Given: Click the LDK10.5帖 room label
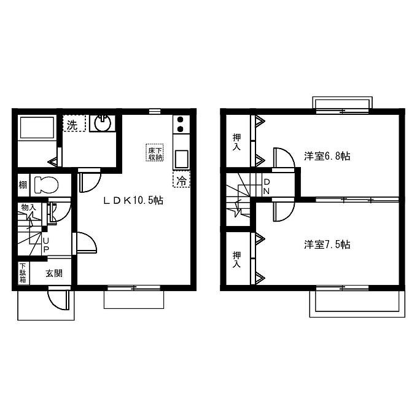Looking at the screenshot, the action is [x=133, y=200].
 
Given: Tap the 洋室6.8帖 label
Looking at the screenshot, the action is [x=327, y=156].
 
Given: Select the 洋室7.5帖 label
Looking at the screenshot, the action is [x=327, y=244].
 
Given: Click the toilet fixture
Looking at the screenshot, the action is [x=46, y=185].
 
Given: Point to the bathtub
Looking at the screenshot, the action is [x=37, y=127].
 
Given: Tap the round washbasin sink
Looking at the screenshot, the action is [x=103, y=123].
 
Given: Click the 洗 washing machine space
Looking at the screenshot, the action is [x=74, y=123].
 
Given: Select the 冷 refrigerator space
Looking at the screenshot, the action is [x=181, y=179].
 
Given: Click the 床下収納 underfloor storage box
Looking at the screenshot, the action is [x=155, y=152].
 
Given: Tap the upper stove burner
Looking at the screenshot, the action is [x=181, y=120].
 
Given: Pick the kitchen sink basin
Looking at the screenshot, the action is [x=181, y=159].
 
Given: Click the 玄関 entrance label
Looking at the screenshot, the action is [x=54, y=273].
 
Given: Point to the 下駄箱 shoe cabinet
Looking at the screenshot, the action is [x=23, y=273].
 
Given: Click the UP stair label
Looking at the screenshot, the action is [x=45, y=245].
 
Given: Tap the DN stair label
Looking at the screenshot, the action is [x=267, y=187].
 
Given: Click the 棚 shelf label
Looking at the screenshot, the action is [x=23, y=185].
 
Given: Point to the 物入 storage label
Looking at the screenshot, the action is [x=28, y=208].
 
